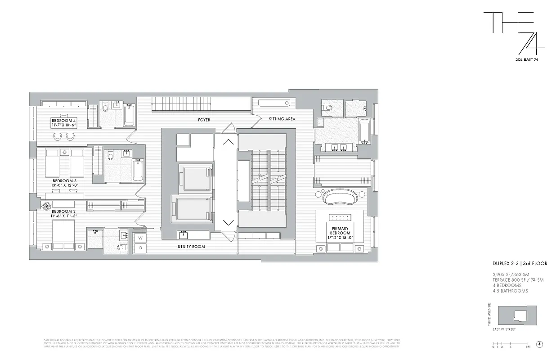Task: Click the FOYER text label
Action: click(x=204, y=120)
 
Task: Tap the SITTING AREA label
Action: click(x=282, y=119)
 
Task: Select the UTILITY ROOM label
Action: click(x=192, y=247)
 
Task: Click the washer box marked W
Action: click(x=140, y=238)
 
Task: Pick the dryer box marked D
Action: click(x=140, y=247)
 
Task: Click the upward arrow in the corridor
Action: click(x=228, y=142)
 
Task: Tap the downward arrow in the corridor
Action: click(x=228, y=222)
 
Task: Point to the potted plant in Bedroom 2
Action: click(x=46, y=206)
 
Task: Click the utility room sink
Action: click(x=184, y=234)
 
